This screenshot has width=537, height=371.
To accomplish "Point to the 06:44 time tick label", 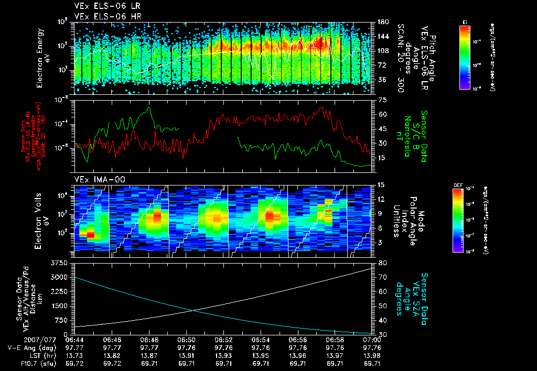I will [x=75, y=340].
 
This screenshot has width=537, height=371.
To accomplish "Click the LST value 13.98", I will [x=372, y=355].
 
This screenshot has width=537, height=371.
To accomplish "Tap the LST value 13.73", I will [x=75, y=355].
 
